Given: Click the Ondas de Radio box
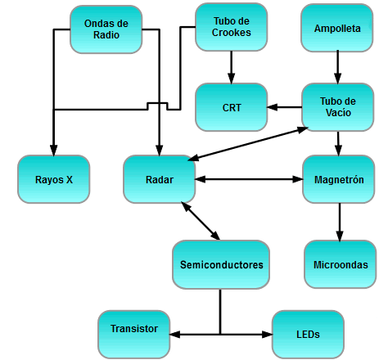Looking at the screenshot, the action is pos(106,29).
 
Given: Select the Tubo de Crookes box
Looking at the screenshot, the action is pos(231,27).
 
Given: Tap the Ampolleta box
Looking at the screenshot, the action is pos(337,28).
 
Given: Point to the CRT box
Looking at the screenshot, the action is pos(231,107).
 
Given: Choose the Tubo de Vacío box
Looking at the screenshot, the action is pos(337,107).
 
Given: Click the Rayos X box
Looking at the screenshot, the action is pos(54,179).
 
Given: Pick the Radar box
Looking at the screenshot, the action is pos(160,179).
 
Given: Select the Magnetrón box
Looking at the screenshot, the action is pos(339,179).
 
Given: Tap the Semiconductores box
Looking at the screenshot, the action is pos(221,264).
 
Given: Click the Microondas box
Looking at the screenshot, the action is pos(341,264).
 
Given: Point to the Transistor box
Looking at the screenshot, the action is pos(134,335).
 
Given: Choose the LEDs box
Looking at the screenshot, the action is pos(308,335).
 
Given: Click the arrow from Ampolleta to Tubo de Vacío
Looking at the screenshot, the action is pos(337,67).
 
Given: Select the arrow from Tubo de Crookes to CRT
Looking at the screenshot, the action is pos(232,67).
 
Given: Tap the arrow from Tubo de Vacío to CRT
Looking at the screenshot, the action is pos(284,107).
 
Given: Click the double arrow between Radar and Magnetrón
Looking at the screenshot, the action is pos(249,179).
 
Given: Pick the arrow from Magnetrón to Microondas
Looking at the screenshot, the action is pos(340,222).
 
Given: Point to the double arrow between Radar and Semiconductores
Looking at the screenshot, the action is pos(201,221).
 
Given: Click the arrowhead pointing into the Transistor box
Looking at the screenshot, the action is pos(174,334).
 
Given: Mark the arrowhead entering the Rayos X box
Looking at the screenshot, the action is pos(54,151).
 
